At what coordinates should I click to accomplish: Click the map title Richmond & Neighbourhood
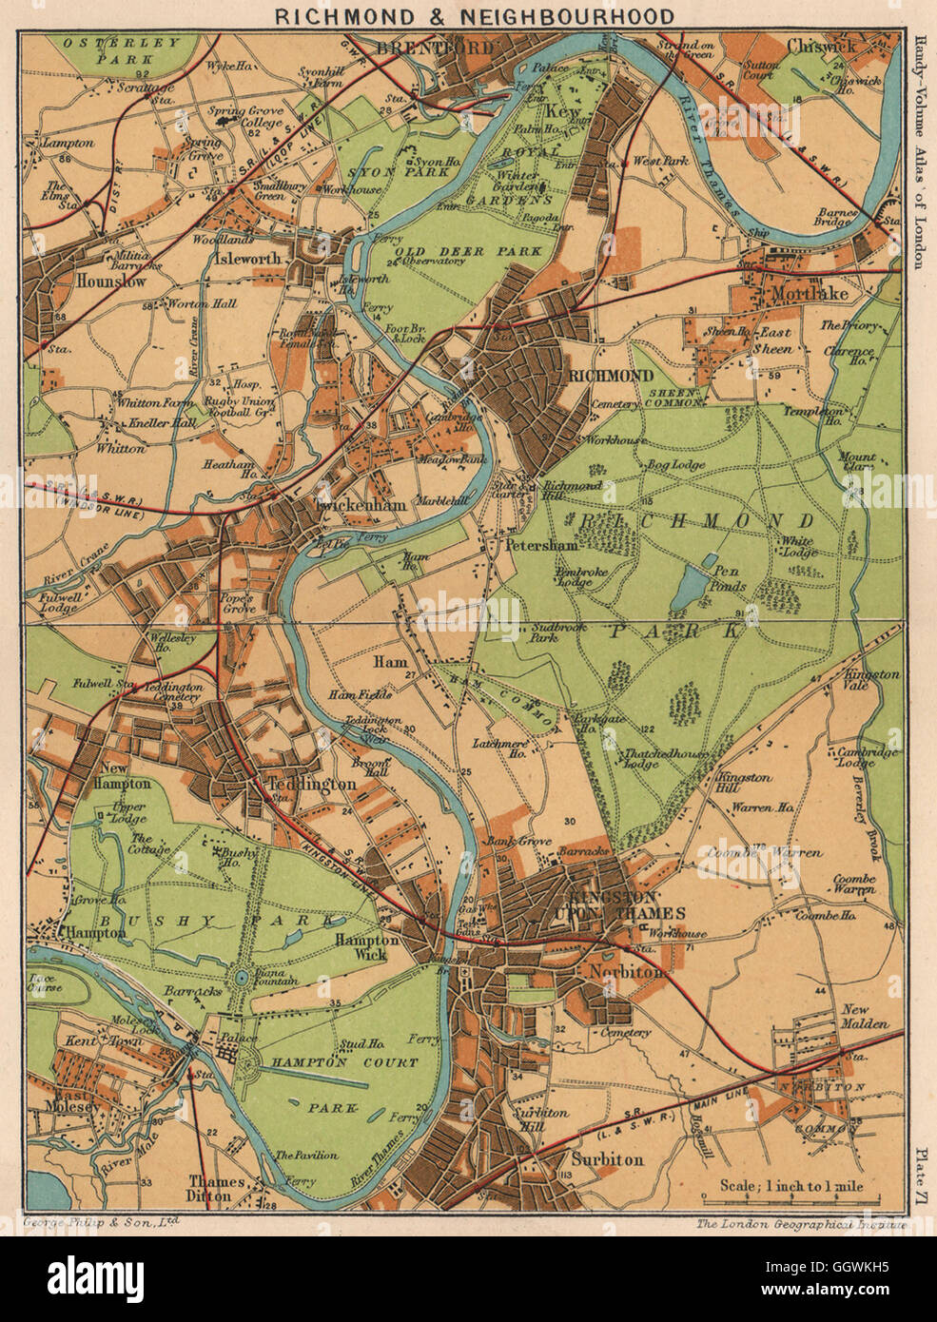click(476, 16)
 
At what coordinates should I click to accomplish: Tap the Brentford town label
click(436, 47)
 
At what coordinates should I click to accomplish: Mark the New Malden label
click(865, 1017)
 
